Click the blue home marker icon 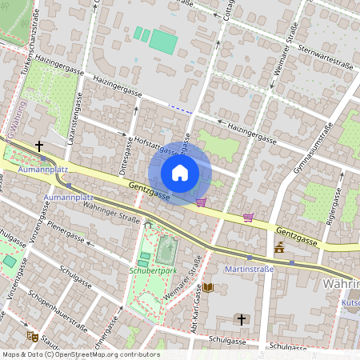(x=180, y=173)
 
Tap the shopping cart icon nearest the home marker (x=201, y=202)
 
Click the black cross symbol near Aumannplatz (x=38, y=146)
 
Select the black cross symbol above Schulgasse (x=241, y=319)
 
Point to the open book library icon (x=208, y=288)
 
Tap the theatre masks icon (x=32, y=337)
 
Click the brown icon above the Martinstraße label (x=278, y=249)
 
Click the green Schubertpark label (x=152, y=270)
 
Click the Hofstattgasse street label (x=157, y=146)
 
